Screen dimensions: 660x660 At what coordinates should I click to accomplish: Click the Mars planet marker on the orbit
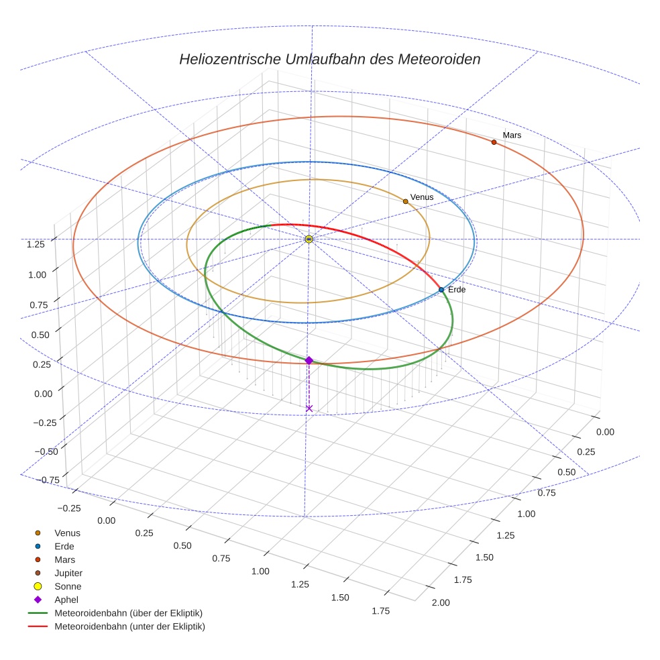tap(494, 142)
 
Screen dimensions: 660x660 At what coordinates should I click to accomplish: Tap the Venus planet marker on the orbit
tap(405, 201)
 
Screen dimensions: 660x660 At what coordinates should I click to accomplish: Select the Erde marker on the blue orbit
tap(441, 290)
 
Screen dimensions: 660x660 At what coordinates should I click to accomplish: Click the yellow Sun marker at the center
tap(309, 239)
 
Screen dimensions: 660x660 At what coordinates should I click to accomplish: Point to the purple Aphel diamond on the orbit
tap(309, 361)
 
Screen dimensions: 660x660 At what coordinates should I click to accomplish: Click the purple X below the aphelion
tap(309, 408)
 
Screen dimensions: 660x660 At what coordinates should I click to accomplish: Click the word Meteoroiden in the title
tap(439, 59)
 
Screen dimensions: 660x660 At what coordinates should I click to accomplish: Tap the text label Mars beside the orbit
tap(512, 135)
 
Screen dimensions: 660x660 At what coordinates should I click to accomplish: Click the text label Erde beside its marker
tap(457, 290)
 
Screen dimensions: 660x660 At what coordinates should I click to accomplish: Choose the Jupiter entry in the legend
tap(68, 573)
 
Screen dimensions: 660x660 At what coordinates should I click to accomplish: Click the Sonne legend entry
tap(68, 587)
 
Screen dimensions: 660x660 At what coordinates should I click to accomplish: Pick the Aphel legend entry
tap(66, 600)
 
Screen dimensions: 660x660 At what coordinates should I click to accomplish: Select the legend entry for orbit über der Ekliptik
tap(128, 613)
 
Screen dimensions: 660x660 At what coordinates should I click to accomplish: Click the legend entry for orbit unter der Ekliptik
tap(129, 626)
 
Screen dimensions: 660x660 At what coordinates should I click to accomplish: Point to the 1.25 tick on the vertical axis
tap(36, 244)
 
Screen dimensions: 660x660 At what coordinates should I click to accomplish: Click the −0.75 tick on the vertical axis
tap(33, 480)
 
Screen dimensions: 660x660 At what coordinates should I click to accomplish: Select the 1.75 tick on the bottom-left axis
tap(381, 610)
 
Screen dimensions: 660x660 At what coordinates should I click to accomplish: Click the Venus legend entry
tap(67, 533)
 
